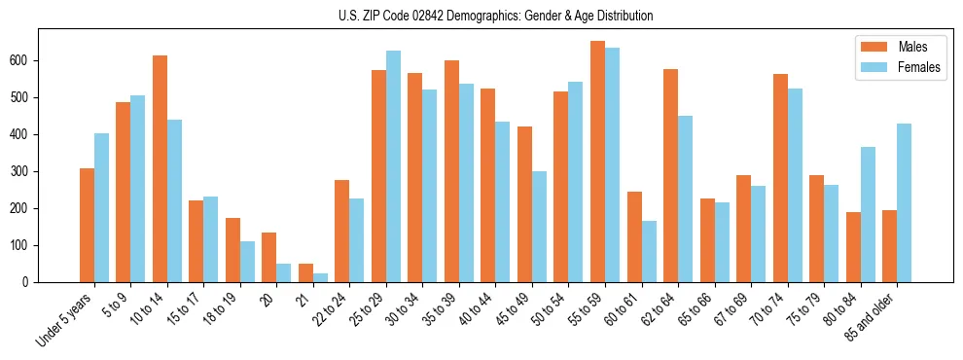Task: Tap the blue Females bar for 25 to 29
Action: click(393, 166)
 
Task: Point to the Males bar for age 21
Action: click(305, 272)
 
